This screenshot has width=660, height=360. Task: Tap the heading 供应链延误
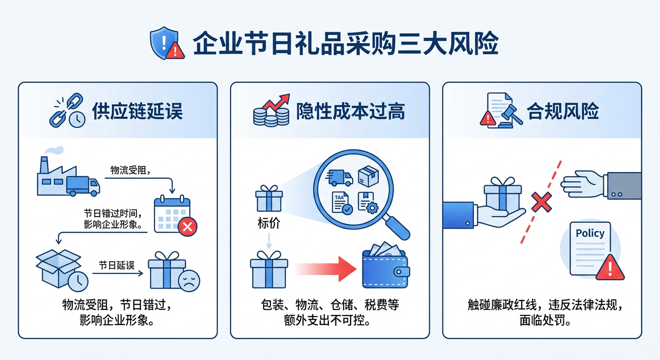(x=137, y=112)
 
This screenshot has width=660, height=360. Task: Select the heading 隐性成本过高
(x=351, y=112)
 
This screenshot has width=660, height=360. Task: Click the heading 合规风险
(x=563, y=112)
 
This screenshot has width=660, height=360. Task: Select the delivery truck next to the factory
(x=83, y=186)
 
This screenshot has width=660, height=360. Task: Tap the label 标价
(x=269, y=223)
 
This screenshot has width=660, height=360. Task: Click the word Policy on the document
(x=590, y=233)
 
